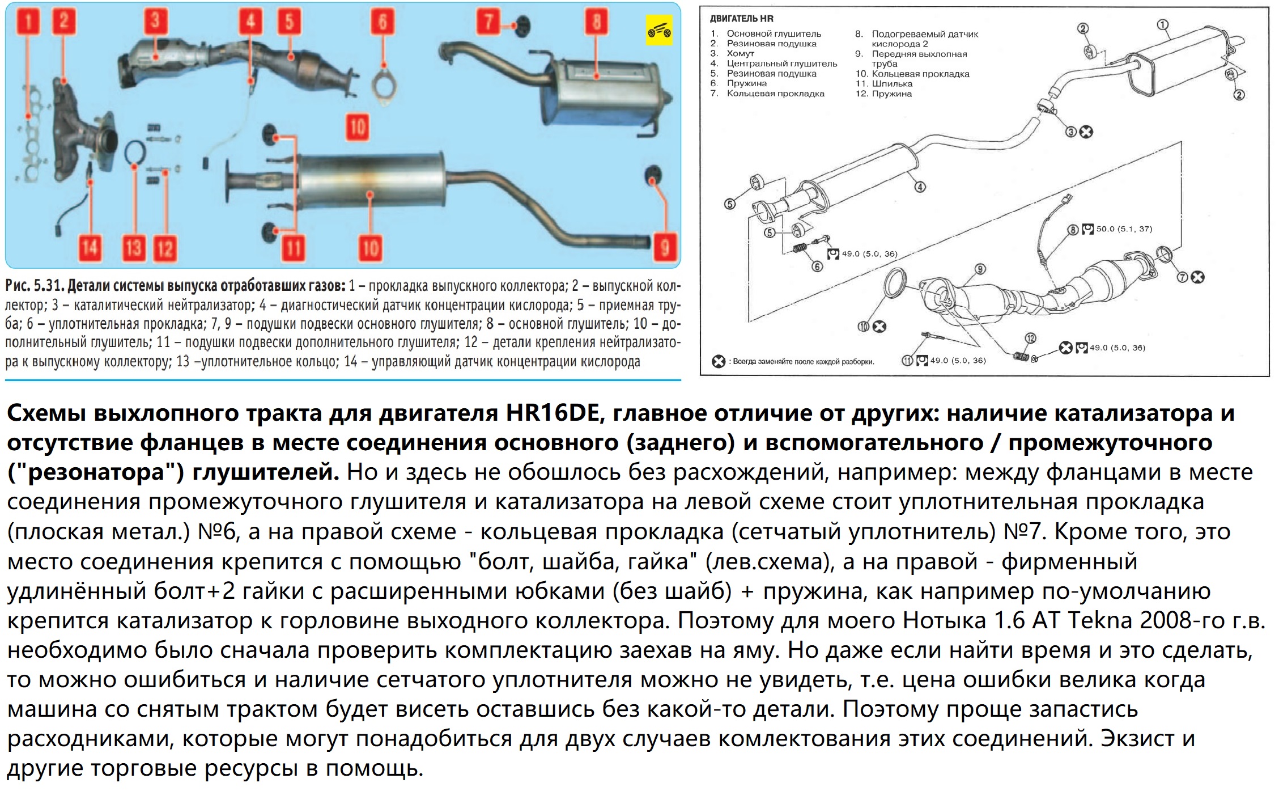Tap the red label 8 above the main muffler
coord(596,23)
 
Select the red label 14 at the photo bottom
coord(90,248)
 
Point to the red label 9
coord(665,248)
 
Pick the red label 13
coord(134,248)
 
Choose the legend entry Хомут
coord(740,54)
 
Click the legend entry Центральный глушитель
coord(781,64)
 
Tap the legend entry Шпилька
coord(892,84)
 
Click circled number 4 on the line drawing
coord(920,187)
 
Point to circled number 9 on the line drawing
coord(980,269)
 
